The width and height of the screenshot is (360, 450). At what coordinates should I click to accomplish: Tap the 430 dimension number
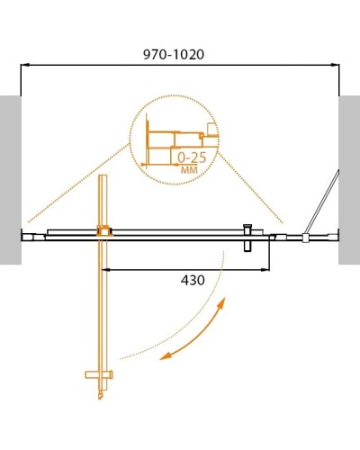(x=192, y=280)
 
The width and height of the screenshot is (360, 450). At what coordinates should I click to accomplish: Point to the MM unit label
(x=190, y=168)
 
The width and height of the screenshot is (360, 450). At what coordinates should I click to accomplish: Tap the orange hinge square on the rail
(x=103, y=231)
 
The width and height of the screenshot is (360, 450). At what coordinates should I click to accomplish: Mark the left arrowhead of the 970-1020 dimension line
(x=24, y=66)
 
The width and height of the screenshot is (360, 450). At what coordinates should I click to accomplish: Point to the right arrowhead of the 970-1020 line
(x=337, y=66)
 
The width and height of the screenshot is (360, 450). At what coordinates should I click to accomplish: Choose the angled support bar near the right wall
(x=322, y=202)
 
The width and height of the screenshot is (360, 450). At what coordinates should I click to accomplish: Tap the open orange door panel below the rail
(x=103, y=306)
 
